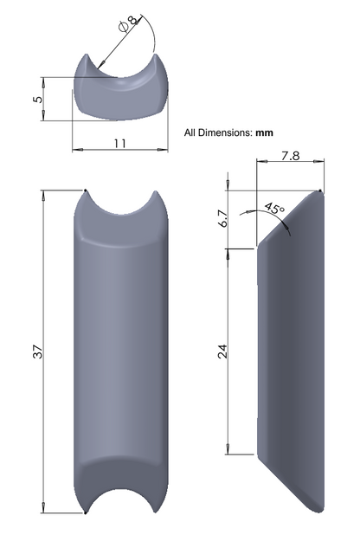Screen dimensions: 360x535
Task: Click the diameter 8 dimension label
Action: [129, 23]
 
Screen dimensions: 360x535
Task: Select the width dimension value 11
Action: [119, 144]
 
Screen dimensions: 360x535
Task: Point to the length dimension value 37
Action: [38, 351]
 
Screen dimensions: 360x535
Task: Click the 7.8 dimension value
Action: [291, 156]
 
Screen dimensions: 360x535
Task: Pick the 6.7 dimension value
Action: [223, 219]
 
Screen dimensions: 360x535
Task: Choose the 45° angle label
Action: [274, 208]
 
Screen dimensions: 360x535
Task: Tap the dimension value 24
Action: [222, 351]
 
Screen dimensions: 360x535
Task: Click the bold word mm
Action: [265, 132]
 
